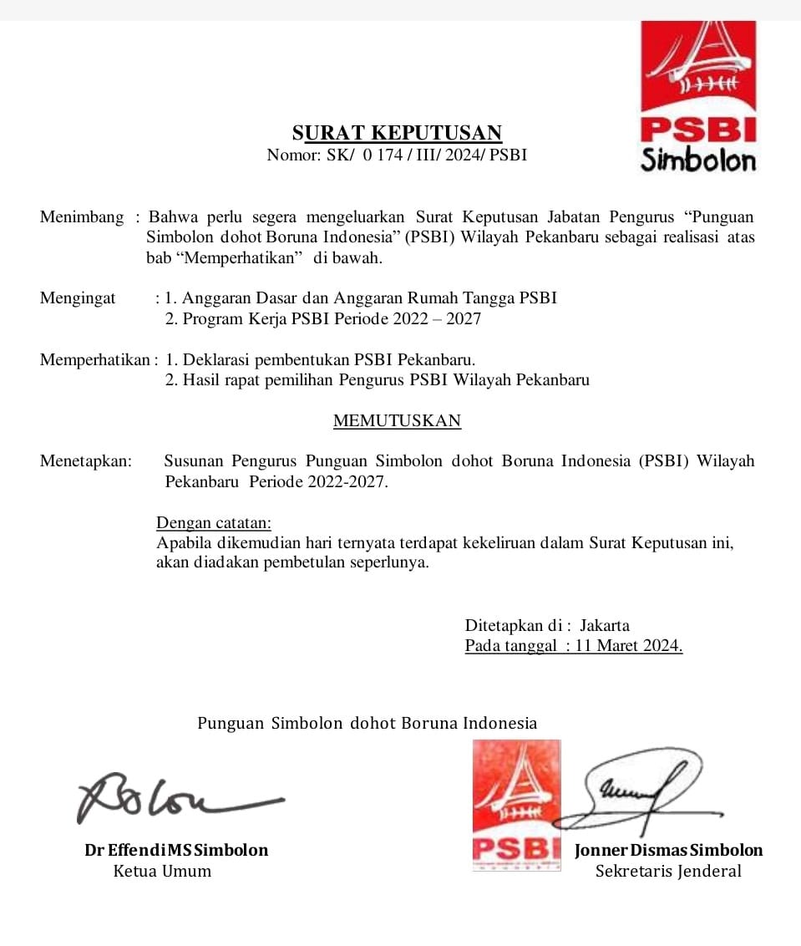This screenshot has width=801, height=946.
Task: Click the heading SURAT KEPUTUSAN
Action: click(397, 133)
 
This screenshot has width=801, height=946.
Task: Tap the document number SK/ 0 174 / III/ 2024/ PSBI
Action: click(429, 155)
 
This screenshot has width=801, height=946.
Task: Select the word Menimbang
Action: click(81, 217)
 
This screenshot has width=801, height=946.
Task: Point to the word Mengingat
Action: click(78, 298)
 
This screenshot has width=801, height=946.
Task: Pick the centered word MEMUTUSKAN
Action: click(397, 421)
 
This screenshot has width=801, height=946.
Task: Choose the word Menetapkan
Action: click(85, 461)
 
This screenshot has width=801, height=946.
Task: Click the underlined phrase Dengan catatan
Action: click(213, 523)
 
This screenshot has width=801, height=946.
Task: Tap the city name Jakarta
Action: click(605, 625)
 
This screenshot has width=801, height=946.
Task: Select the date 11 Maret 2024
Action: click(629, 646)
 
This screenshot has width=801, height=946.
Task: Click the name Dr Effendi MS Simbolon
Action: click(176, 851)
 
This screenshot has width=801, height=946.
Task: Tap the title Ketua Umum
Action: click(162, 872)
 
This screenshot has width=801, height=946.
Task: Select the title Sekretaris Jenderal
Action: click(668, 872)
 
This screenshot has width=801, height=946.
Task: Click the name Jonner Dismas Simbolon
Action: click(668, 851)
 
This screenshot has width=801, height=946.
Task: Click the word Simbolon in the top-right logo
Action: click(698, 160)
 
